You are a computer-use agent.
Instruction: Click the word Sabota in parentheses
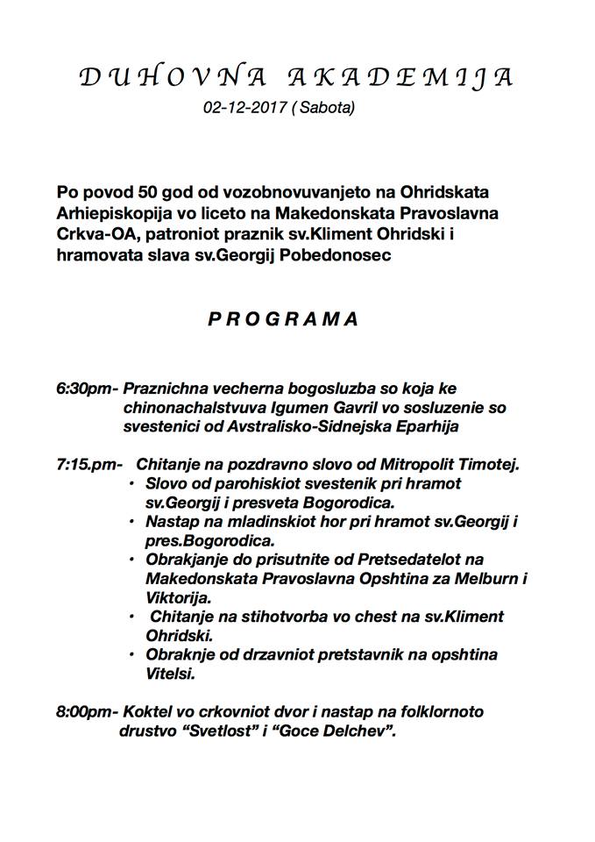[x=327, y=110]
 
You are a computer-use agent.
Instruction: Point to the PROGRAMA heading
[x=283, y=319]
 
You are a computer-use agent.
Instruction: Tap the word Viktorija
[x=178, y=597]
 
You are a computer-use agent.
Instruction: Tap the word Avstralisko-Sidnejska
[x=288, y=426]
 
